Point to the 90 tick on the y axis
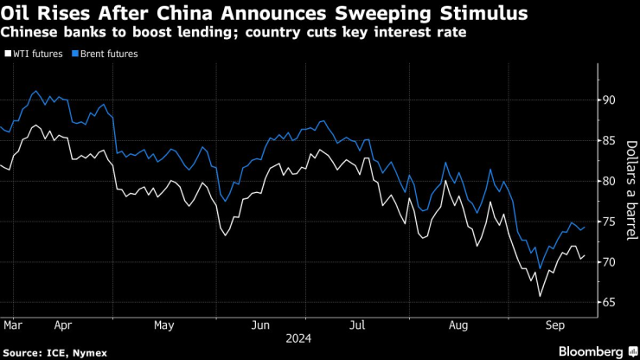pos(609,100)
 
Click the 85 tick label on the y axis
pos(609,141)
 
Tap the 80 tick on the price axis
pos(609,182)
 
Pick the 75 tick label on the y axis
pos(609,222)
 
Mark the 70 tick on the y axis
pos(609,262)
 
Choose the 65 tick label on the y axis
pos(609,302)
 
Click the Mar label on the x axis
pos(12,327)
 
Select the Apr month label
pos(63,327)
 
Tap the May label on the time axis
pos(164,327)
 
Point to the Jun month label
pos(260,327)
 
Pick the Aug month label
pos(459,327)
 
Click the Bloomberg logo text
pos(591,351)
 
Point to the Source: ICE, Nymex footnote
pos(48,352)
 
